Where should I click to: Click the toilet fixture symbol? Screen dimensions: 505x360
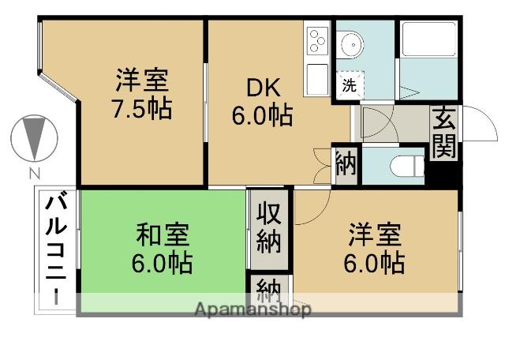407,167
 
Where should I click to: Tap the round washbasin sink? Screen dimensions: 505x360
353,45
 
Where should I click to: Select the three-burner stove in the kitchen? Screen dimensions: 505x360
317,40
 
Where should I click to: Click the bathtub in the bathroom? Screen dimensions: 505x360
429,39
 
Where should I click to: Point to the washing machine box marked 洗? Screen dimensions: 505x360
350,85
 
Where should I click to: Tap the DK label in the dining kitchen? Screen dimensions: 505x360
263,88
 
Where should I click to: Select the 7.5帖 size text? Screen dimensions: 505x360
142,109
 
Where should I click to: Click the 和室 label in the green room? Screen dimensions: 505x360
163,235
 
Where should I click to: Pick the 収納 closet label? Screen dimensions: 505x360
269,227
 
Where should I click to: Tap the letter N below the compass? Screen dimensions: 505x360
35,174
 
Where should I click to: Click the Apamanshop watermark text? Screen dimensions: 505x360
253,309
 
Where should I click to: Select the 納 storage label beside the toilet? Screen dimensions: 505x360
346,164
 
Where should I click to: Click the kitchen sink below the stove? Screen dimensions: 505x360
317,79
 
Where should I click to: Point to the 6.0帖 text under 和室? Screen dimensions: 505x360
162,263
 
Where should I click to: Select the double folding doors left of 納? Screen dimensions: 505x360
323,166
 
